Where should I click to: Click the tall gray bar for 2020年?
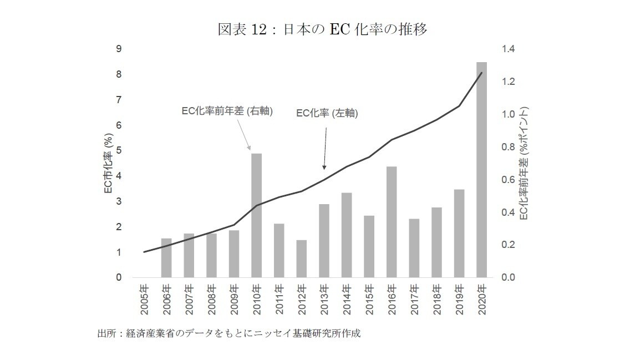pos(481,169)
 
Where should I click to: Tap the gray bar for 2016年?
pos(392,222)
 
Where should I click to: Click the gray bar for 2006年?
pos(166,258)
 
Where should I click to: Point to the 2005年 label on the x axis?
pos(144,298)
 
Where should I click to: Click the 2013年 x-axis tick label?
pos(324,298)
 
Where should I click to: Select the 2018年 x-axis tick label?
pos(436,298)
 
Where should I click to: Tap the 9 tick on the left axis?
pos(119,49)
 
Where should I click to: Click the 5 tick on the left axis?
pos(119,151)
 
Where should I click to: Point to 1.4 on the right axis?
pos(508,49)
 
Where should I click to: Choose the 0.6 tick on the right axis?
pos(508,180)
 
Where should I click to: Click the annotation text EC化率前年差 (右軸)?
pos(227,111)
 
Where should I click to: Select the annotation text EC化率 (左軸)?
pos(327,114)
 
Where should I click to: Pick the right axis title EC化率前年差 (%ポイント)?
pos(525,163)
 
